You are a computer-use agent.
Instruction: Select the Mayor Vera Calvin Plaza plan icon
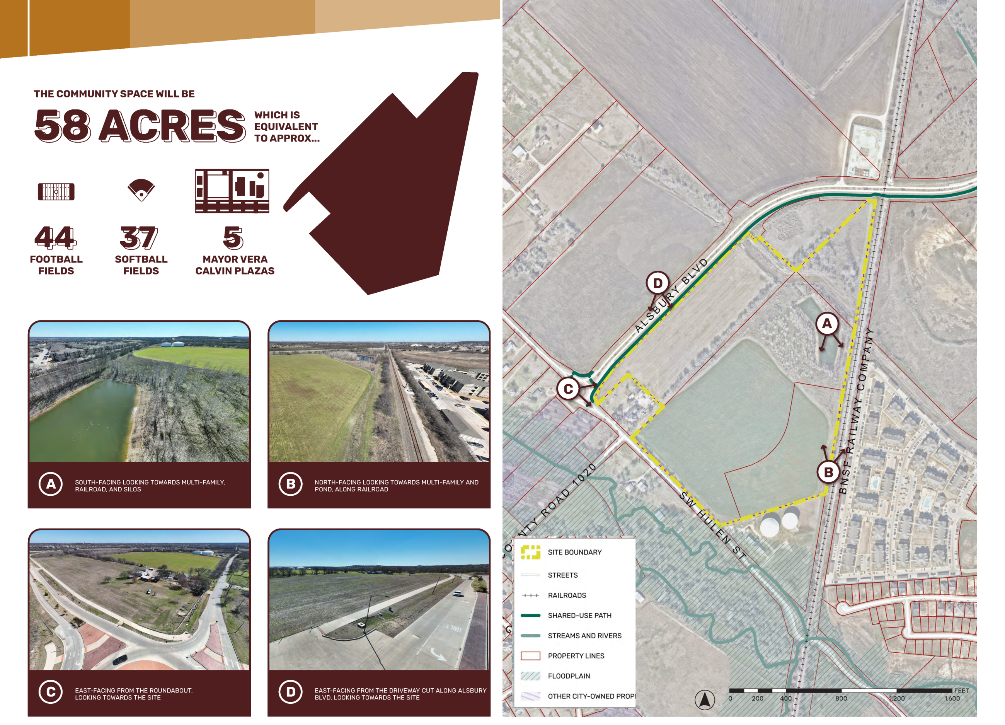(232, 191)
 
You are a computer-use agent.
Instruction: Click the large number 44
(56, 238)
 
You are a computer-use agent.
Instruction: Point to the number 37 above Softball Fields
(139, 238)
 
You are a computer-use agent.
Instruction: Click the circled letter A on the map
(827, 324)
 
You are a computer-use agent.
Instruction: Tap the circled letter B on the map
(828, 473)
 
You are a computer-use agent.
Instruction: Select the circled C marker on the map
(568, 389)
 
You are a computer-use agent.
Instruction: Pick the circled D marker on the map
(658, 283)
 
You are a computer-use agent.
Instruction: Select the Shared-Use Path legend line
(530, 616)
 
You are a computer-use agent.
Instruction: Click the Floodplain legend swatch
(530, 676)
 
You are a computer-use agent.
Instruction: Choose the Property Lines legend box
(530, 656)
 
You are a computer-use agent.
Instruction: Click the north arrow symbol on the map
(705, 700)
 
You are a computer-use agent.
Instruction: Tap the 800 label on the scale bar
(841, 698)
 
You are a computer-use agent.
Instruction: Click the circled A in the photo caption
(51, 484)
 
